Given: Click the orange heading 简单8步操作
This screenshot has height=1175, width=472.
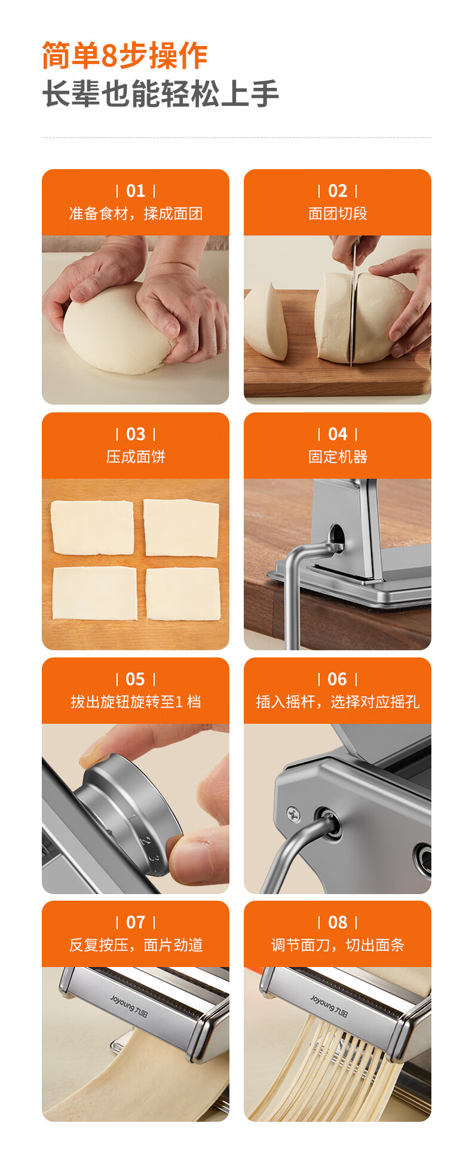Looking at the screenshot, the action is pos(124,56).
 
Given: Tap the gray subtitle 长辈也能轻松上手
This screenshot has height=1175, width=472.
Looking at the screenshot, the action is pos(160,94).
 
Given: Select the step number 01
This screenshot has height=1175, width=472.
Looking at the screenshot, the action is pos(136,191).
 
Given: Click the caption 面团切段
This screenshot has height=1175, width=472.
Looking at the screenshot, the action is pos(338,213).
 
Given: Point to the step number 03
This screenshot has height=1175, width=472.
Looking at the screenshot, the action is pos(136,434).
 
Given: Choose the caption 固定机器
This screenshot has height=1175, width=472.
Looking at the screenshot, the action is pos(338,457).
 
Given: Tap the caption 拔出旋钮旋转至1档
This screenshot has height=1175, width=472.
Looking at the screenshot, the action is pos(136,702).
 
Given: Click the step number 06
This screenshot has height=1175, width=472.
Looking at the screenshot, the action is pos(337,679).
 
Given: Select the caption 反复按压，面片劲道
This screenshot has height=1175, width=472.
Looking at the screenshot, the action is pos(136,945).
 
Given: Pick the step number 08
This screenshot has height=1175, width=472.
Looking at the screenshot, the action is pos(338,922).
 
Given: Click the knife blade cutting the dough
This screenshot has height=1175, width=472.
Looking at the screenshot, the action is pos(353,311).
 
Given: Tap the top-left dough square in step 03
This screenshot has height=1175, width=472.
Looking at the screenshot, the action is pos(92,528).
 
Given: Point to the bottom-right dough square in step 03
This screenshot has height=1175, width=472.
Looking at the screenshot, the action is pos(183,594).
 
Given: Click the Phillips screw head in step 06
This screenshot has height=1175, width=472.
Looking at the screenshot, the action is pos(293,813).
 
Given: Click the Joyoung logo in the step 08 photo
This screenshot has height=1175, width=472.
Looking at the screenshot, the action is pos(329,1005).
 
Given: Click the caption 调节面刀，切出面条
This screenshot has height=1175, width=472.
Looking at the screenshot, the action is pos(338,945).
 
